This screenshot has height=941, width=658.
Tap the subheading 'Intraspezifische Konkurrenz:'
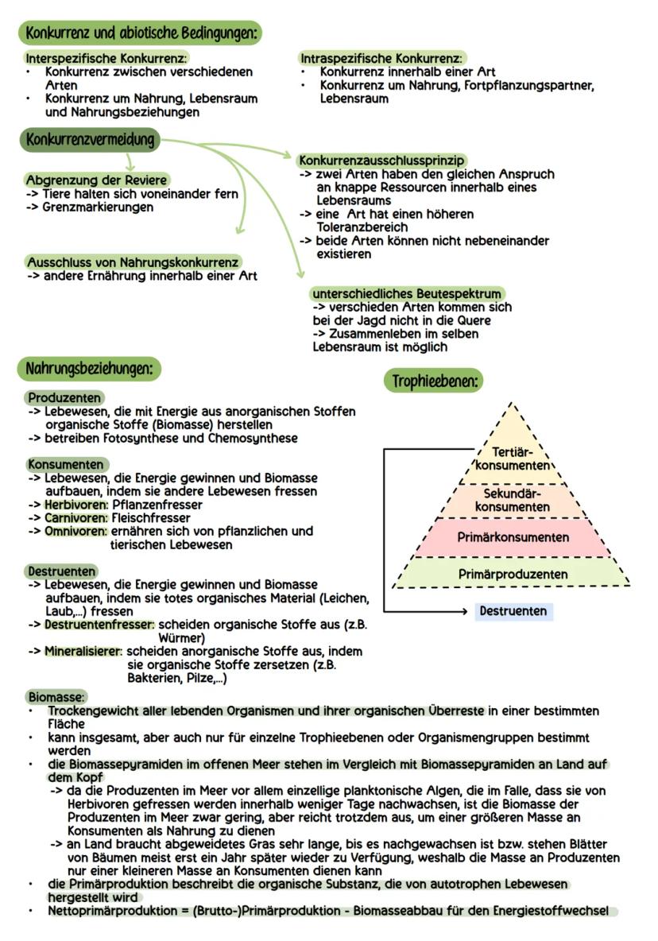[x=382, y=59]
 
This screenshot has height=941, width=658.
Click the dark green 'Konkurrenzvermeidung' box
[x=88, y=141]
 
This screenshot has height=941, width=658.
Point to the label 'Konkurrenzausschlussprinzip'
[x=381, y=161]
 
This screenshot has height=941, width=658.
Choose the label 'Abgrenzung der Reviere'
[x=96, y=180]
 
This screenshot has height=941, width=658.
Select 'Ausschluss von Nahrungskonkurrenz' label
[x=133, y=262]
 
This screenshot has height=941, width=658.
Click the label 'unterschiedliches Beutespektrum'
[x=407, y=294]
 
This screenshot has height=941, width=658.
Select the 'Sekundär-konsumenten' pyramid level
[x=513, y=500]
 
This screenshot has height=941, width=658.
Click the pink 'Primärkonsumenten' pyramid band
[x=513, y=537]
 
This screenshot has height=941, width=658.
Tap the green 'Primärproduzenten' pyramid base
[x=513, y=574]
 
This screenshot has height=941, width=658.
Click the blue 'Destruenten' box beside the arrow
[x=513, y=611]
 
